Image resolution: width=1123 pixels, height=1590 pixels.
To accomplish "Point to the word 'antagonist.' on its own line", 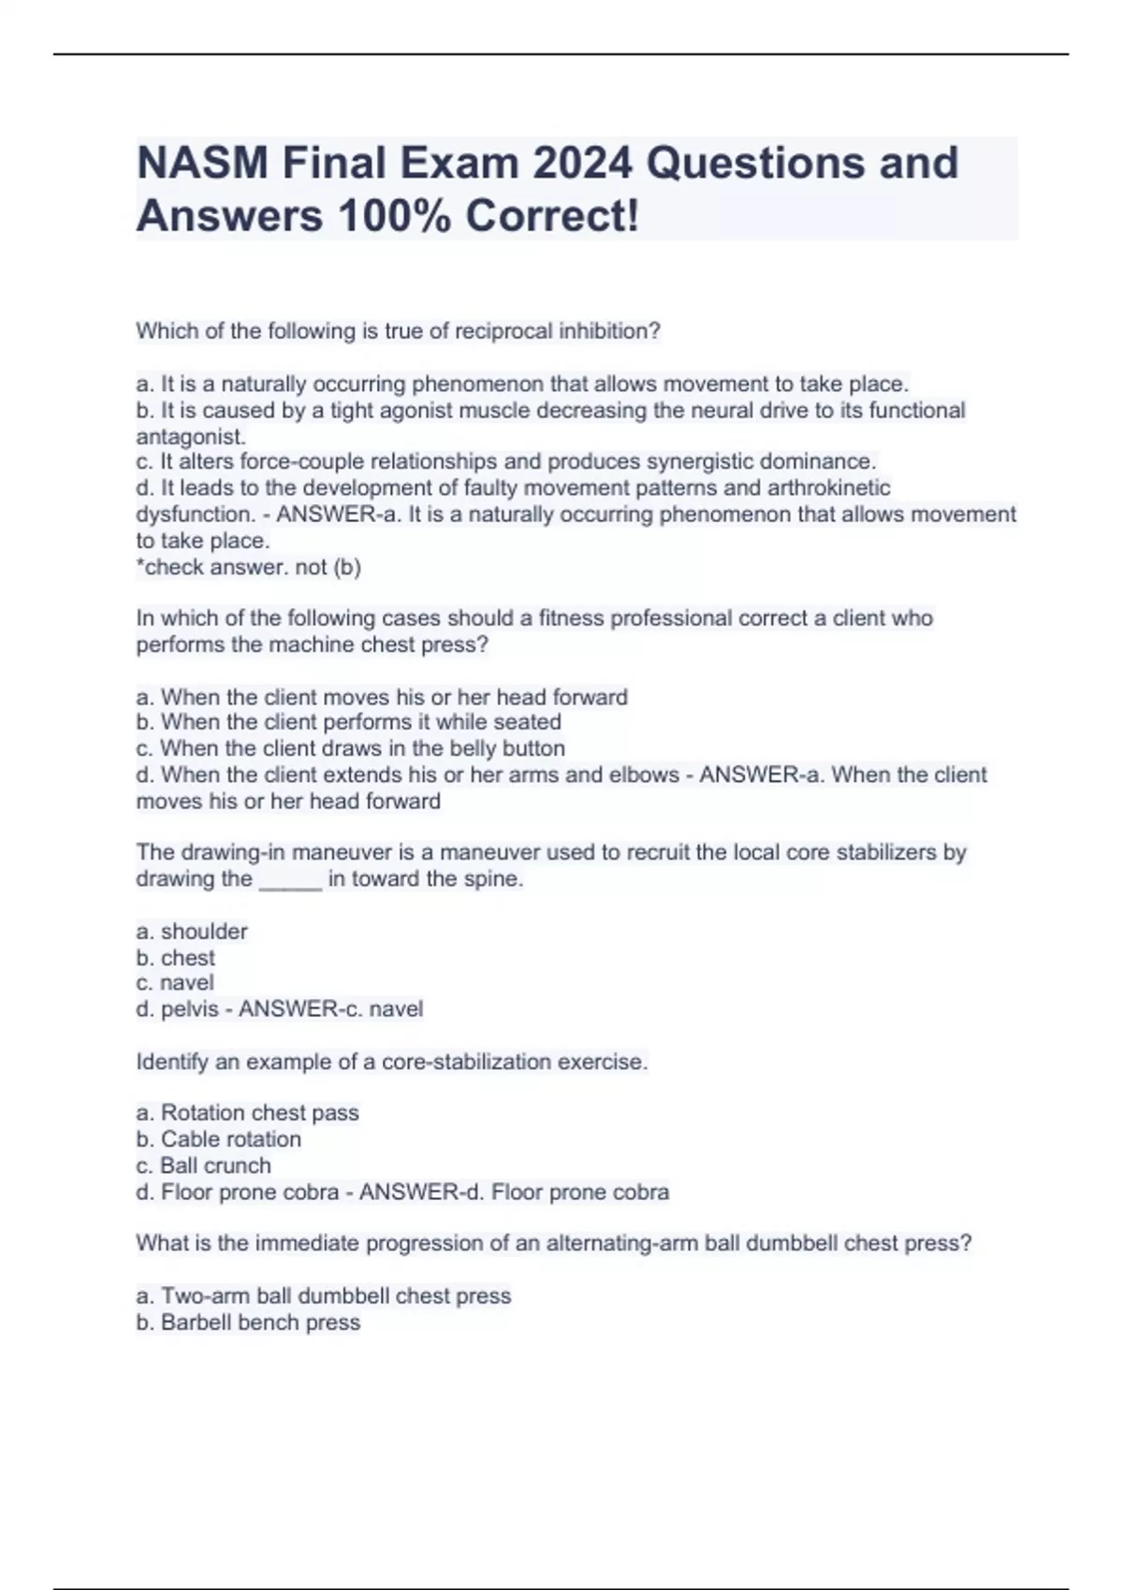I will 191,437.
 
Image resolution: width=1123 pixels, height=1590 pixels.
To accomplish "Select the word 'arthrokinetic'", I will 828,488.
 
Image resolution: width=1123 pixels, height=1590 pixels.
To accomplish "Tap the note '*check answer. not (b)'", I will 248,567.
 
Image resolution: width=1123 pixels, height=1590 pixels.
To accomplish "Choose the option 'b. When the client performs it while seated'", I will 348,722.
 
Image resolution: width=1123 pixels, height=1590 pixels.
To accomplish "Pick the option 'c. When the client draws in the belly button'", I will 350,748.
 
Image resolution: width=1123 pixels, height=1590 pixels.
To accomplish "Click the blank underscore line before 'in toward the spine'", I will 290,879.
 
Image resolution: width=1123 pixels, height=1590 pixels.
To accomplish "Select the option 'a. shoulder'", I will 192,932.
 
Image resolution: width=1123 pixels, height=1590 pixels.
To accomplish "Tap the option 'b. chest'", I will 176,958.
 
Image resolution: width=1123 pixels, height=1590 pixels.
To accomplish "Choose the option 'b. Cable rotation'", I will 219,1139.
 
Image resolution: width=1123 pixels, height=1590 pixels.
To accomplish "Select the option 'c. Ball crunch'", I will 203,1165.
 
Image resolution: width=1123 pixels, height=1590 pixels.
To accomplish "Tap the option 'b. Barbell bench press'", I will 248,1323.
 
